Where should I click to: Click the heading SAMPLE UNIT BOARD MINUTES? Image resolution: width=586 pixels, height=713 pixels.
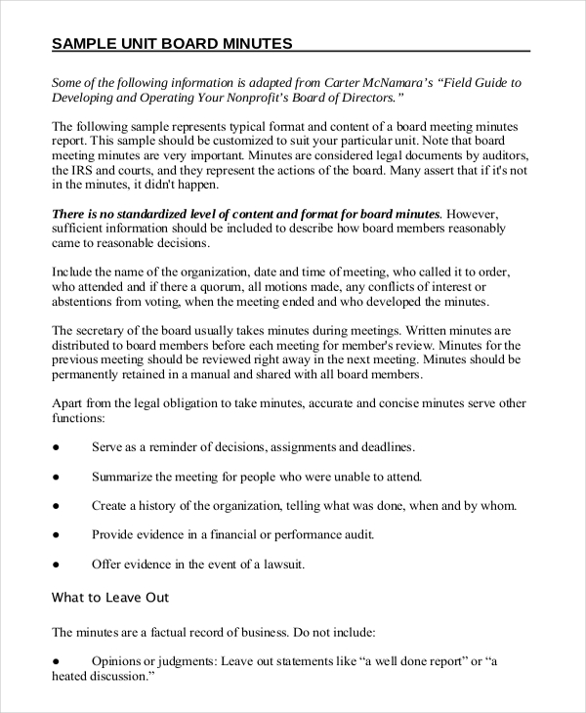pos(172,44)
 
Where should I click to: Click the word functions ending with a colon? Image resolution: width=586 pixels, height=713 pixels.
pos(78,417)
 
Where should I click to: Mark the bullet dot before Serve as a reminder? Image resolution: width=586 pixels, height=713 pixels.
pos(56,447)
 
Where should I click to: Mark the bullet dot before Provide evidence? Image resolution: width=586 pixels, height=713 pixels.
pos(56,535)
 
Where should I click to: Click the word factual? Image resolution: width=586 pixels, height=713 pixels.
pos(163,631)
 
